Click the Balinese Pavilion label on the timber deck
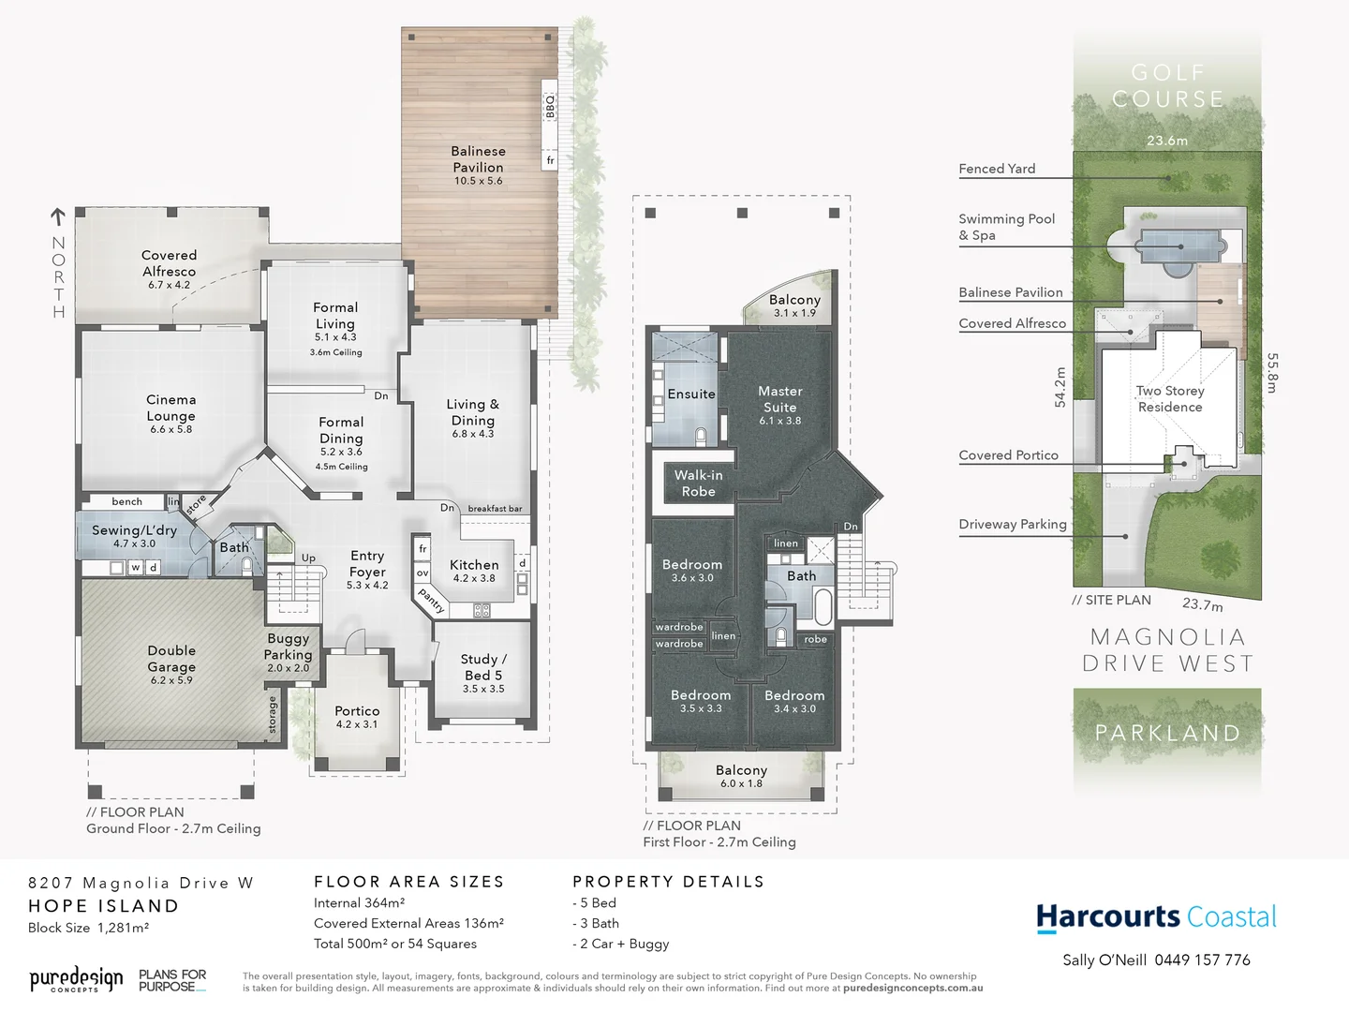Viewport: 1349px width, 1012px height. click(x=478, y=159)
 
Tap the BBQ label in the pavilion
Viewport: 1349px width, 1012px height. click(x=550, y=106)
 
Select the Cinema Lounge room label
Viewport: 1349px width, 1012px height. click(x=170, y=408)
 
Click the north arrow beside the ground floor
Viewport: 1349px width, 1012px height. click(x=58, y=217)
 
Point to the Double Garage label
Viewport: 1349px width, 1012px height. click(x=171, y=658)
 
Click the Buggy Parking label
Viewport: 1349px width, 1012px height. click(x=288, y=647)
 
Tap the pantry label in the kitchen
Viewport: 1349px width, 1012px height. click(x=431, y=600)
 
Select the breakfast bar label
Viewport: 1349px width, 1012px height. click(x=495, y=509)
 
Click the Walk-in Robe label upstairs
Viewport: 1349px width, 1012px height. click(x=698, y=483)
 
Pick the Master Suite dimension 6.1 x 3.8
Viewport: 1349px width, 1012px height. click(x=779, y=421)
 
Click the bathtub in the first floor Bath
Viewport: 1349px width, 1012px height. click(x=823, y=606)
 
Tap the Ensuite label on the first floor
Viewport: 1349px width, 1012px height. click(x=691, y=394)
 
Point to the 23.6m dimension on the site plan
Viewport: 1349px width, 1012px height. click(x=1167, y=141)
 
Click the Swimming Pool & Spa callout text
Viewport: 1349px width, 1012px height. click(x=1006, y=227)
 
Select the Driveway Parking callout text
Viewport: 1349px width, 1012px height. click(x=1013, y=524)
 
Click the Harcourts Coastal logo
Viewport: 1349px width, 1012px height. click(x=1156, y=917)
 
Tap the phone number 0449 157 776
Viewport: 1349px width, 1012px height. click(x=1202, y=960)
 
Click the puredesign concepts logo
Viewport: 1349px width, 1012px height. click(x=76, y=980)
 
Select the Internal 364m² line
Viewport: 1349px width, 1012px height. click(x=359, y=903)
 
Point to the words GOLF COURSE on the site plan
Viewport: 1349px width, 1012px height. click(x=1167, y=85)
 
